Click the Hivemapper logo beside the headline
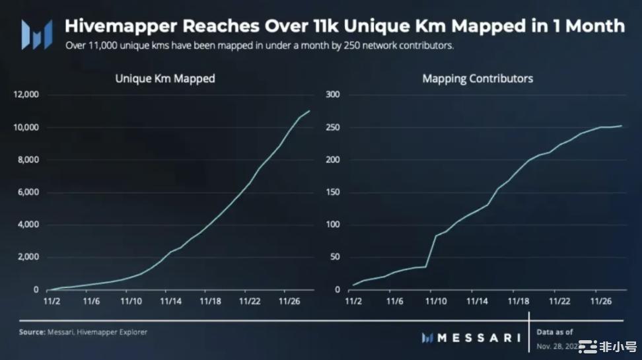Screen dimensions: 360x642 (x=37, y=34)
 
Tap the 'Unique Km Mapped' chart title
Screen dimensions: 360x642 (x=165, y=79)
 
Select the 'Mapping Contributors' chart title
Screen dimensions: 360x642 (x=477, y=79)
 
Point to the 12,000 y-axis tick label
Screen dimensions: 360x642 (x=27, y=94)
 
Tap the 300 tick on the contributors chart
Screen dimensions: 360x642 (x=332, y=94)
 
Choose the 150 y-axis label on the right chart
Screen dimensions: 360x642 (x=332, y=192)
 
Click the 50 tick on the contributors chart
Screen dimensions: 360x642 (x=334, y=257)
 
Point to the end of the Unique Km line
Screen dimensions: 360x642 (x=309, y=111)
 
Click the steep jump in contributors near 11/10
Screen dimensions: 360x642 (x=430, y=252)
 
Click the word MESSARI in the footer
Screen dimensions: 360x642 (x=479, y=338)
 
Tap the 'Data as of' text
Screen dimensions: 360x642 (x=555, y=332)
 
